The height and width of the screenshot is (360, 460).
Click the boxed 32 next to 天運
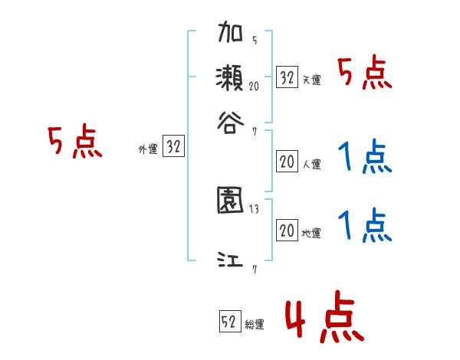click(287, 77)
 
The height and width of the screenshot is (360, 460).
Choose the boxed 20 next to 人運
click(287, 162)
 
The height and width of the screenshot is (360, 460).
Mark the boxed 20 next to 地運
click(287, 231)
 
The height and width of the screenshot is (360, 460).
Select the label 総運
click(255, 324)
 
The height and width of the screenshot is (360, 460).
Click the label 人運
click(311, 164)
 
